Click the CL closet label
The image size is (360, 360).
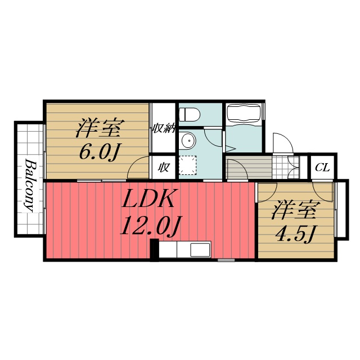point(322,167)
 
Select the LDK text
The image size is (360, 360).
point(150,200)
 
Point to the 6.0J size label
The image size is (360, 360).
point(99,152)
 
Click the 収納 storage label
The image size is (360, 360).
point(163,128)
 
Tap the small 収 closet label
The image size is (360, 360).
point(163,167)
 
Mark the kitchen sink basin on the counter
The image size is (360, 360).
point(200,249)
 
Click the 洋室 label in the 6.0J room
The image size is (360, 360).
point(99,128)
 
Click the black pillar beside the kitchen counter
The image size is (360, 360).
point(154,249)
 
